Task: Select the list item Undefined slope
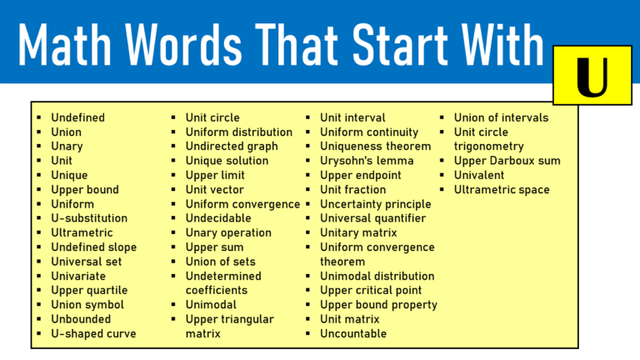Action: [93, 247]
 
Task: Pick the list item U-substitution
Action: [89, 218]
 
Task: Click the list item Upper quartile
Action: [89, 290]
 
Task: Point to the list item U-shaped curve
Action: [93, 333]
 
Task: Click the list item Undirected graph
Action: [231, 147]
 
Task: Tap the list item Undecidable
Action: [219, 218]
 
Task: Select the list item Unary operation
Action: [227, 232]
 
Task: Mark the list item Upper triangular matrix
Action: [229, 326]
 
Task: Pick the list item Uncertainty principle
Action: [375, 204]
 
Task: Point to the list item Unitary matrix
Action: [358, 232]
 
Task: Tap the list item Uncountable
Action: [353, 333]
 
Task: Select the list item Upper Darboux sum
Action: [507, 161]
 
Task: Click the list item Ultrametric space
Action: [501, 190]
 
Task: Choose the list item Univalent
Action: [479, 175]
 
